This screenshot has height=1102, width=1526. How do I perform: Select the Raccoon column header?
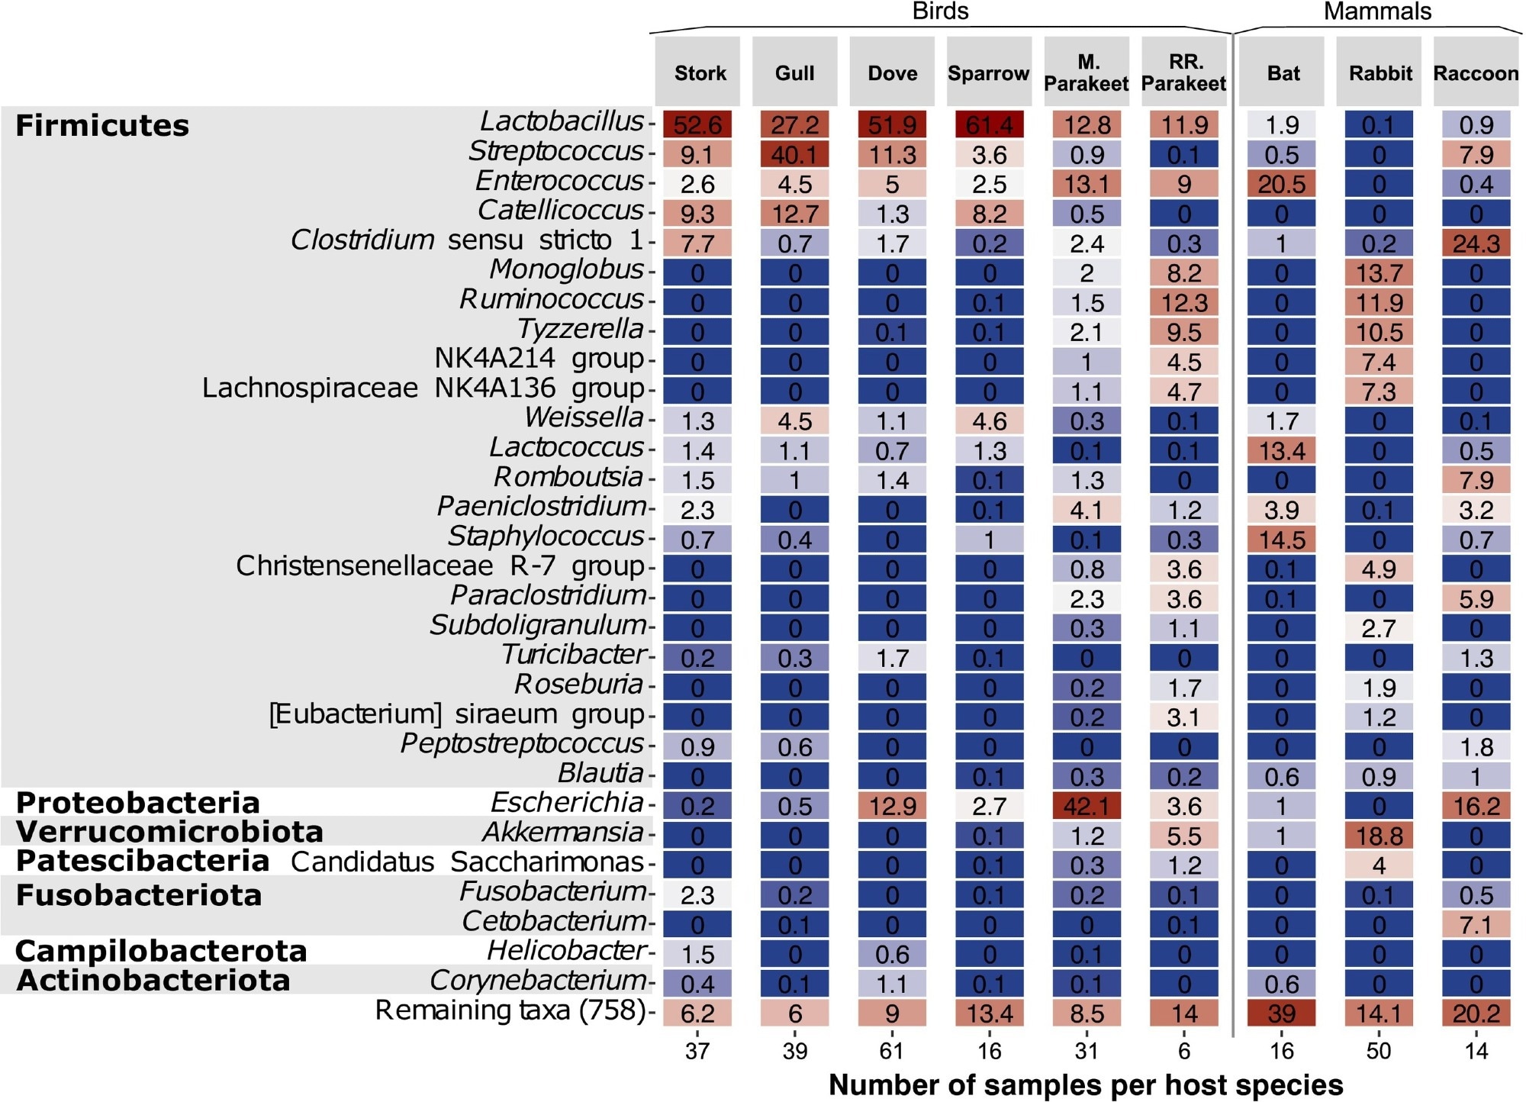[x=1476, y=72]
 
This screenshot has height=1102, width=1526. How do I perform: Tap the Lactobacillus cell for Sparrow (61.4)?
[x=990, y=124]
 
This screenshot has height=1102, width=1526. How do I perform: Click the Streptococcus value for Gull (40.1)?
[x=795, y=154]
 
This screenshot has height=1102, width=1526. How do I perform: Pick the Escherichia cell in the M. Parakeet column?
[x=1087, y=806]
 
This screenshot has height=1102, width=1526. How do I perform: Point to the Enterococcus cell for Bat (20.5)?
[x=1282, y=184]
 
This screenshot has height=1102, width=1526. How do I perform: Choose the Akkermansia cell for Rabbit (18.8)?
[x=1379, y=836]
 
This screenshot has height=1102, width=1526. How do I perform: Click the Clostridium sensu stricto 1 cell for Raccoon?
[x=1476, y=243]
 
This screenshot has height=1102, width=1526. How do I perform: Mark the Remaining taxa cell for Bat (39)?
[x=1282, y=1013]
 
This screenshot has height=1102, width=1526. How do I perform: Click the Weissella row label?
[x=584, y=418]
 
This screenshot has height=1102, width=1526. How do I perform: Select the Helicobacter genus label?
[x=567, y=951]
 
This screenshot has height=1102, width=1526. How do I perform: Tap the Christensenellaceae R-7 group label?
[x=440, y=566]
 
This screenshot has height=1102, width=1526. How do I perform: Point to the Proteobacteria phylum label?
[x=138, y=803]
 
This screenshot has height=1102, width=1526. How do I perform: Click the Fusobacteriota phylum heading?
[x=139, y=895]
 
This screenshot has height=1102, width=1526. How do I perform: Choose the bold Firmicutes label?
[x=102, y=125]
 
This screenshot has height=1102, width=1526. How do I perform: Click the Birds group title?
[x=940, y=11]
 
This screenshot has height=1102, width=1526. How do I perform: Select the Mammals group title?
[x=1377, y=11]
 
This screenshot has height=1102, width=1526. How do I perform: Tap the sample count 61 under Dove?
[x=892, y=1051]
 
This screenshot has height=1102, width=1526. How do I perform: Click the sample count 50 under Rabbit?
[x=1379, y=1051]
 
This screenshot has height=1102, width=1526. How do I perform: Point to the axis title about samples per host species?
[x=1086, y=1084]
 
